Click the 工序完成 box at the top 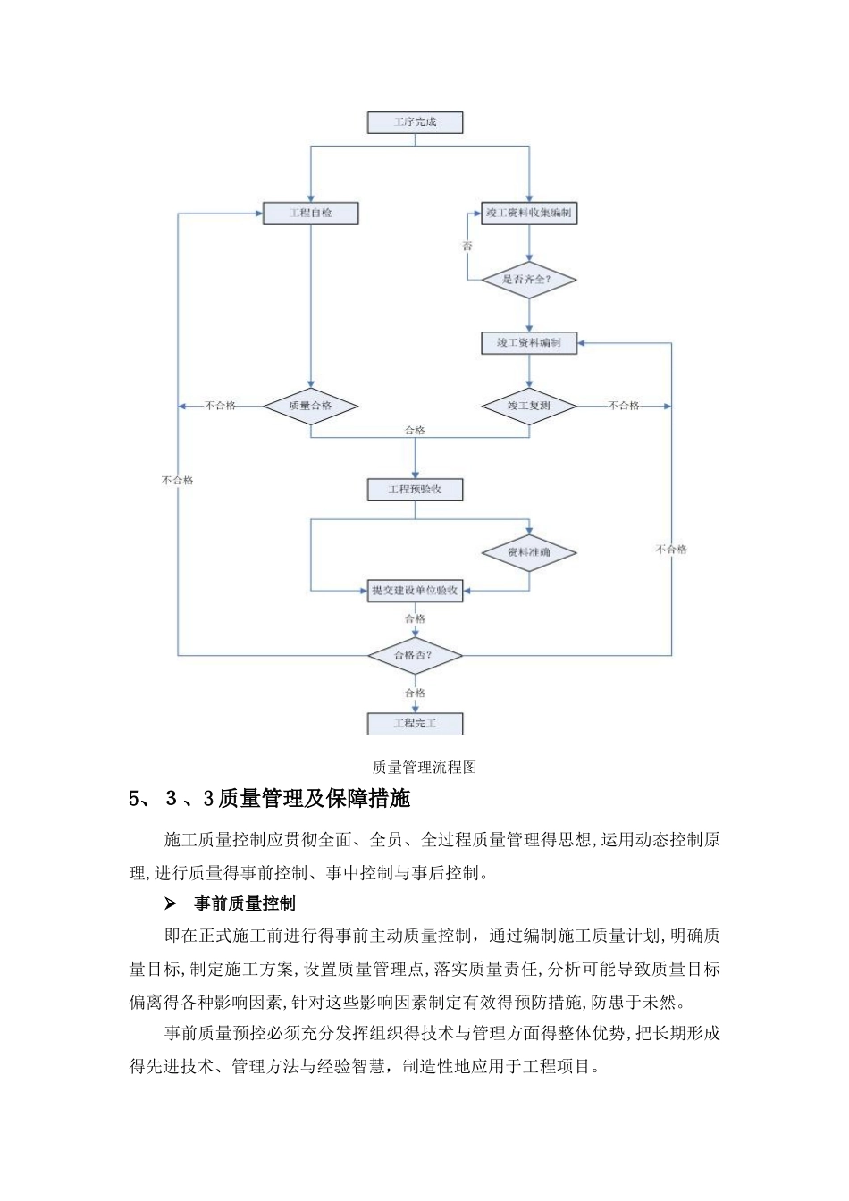click(416, 122)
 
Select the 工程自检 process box click(310, 214)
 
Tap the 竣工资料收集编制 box click(529, 214)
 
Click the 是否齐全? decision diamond click(529, 280)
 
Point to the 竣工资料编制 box click(529, 342)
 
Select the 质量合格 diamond click(310, 406)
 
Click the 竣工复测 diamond click(529, 406)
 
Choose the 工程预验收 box click(416, 490)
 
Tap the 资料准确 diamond click(529, 552)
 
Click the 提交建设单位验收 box click(416, 591)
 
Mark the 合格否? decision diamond click(416, 655)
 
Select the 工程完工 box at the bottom click(416, 723)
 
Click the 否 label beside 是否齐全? click(467, 246)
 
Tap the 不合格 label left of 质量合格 click(221, 406)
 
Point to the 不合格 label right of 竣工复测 click(624, 406)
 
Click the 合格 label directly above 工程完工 click(416, 693)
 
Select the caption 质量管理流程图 click(424, 767)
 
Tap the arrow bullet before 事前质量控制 click(170, 904)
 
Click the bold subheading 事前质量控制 click(244, 904)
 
